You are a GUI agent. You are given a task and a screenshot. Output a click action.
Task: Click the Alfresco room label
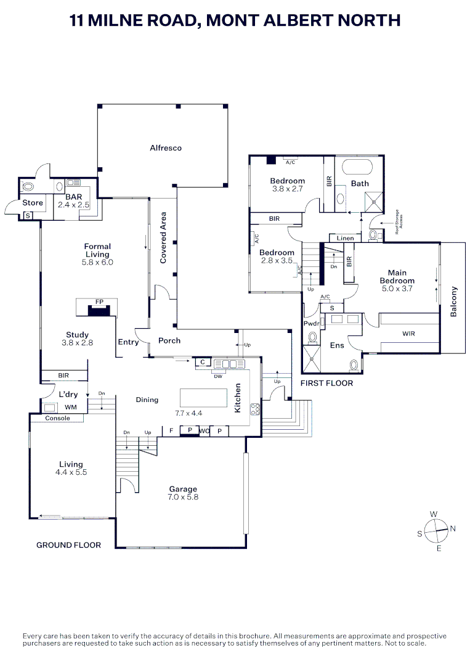pyautogui.click(x=166, y=148)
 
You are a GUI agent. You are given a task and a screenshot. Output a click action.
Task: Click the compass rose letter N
pyautogui.click(x=453, y=528)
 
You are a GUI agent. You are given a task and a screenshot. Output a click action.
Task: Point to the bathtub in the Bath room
pyautogui.click(x=357, y=168)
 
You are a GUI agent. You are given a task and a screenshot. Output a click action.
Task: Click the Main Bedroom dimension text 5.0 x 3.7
pyautogui.click(x=397, y=289)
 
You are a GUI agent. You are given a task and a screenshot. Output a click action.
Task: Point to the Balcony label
pyautogui.click(x=455, y=302)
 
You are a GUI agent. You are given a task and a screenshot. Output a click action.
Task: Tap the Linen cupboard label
pyautogui.click(x=346, y=238)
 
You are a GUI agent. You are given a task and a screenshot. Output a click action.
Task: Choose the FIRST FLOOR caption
pyautogui.click(x=326, y=384)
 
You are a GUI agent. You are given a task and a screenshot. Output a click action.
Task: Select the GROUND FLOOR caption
pyautogui.click(x=68, y=545)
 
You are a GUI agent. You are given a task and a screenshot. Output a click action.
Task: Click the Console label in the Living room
pyautogui.click(x=58, y=418)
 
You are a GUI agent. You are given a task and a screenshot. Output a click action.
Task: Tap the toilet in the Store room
pyautogui.click(x=28, y=186)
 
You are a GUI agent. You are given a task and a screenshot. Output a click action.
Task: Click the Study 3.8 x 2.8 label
pyautogui.click(x=78, y=339)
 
